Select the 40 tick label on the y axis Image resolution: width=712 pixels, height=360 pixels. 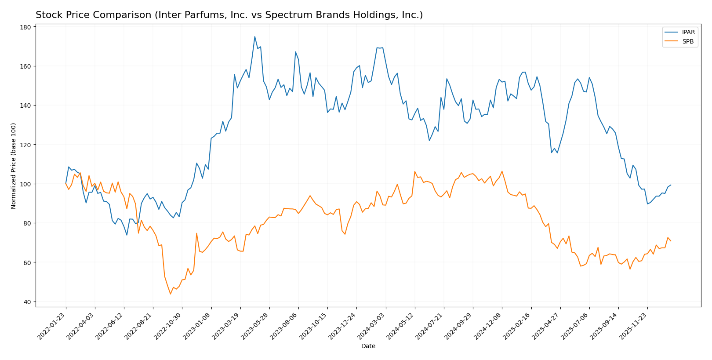click(x=27, y=302)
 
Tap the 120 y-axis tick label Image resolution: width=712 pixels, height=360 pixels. click(x=25, y=145)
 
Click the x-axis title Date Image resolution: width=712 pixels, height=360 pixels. click(x=368, y=346)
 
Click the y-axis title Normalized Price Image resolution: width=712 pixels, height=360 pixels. click(x=14, y=166)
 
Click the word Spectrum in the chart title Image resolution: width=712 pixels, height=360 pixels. click(x=293, y=15)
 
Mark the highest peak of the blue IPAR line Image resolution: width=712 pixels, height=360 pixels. click(x=255, y=36)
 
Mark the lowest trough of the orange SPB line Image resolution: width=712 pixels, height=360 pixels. click(x=171, y=294)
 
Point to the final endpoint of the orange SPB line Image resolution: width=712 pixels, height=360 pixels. click(x=671, y=241)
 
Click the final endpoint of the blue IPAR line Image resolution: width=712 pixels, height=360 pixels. click(x=671, y=185)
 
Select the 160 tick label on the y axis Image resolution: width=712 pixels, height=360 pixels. click(x=25, y=66)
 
